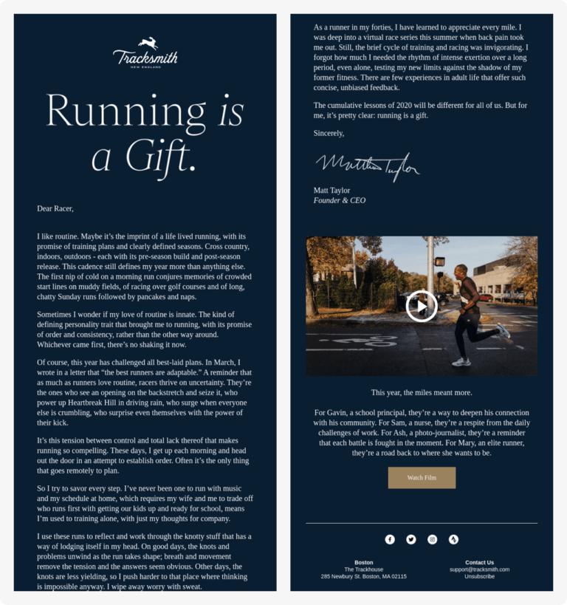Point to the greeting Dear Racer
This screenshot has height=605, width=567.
[55, 208]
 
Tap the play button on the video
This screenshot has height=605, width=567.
[422, 306]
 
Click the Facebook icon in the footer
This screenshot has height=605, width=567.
[390, 539]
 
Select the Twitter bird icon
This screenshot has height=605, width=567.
[411, 539]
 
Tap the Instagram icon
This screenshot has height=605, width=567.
[433, 539]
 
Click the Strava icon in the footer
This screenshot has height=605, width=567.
[453, 539]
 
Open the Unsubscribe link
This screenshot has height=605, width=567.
[479, 576]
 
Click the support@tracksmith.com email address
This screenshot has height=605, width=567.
[479, 570]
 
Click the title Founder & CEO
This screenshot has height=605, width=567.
[340, 200]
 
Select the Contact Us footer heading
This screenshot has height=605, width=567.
[479, 562]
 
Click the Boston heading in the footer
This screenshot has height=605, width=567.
[363, 562]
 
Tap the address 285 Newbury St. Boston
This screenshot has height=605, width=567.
[363, 576]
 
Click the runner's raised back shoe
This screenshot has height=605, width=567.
[504, 330]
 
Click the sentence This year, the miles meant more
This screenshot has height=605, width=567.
[422, 392]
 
